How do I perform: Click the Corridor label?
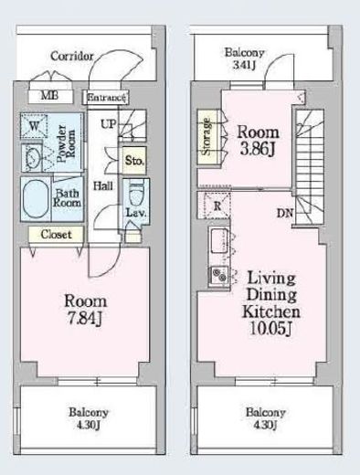(72, 56)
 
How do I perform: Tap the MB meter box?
(51, 96)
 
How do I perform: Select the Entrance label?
(106, 98)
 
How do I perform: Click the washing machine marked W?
(34, 126)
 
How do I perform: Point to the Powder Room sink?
(32, 157)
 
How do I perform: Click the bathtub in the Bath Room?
(36, 199)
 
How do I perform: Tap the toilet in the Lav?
(136, 195)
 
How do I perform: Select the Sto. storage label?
(134, 160)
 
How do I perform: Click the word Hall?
(103, 185)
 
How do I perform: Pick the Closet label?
(57, 235)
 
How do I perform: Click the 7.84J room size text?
(84, 319)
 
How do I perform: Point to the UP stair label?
(109, 124)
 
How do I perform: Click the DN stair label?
(284, 213)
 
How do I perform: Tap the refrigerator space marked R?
(217, 206)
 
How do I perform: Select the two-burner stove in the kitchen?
(219, 275)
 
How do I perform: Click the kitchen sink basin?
(219, 240)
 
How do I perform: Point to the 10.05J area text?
(270, 328)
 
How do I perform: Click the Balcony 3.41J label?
(244, 58)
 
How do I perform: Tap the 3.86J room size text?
(258, 150)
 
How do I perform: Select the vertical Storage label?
(206, 136)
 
